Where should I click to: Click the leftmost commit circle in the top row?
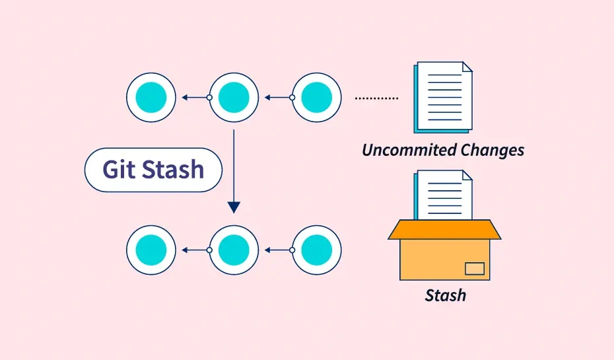pyautogui.click(x=151, y=98)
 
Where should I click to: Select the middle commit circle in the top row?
pyautogui.click(x=234, y=98)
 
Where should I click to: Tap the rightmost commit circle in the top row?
pyautogui.click(x=316, y=98)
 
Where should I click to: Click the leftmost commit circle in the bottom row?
pyautogui.click(x=151, y=250)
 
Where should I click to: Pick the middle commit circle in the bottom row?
pyautogui.click(x=234, y=250)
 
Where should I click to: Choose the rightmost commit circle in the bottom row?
pyautogui.click(x=316, y=250)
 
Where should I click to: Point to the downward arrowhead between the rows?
pyautogui.click(x=234, y=207)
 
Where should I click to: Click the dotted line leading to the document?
pyautogui.click(x=376, y=98)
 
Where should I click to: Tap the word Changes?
pyautogui.click(x=492, y=150)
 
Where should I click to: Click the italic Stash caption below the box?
pyautogui.click(x=445, y=295)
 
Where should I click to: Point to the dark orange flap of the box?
pyautogui.click(x=444, y=229)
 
